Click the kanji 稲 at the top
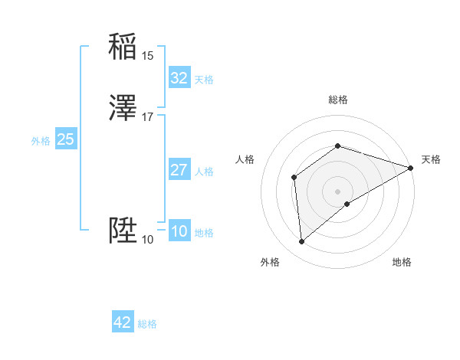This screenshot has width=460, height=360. point(123,47)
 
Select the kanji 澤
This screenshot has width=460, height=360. point(123,109)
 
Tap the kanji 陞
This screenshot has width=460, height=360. point(123,231)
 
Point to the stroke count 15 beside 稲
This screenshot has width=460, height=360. point(147,55)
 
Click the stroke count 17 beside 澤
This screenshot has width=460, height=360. point(147,116)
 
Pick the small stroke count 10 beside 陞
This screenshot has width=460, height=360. point(147,239)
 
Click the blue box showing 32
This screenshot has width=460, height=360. point(179,78)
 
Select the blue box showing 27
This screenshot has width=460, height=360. point(179,170)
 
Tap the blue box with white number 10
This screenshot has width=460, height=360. point(179,231)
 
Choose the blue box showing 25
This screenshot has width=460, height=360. point(66,139)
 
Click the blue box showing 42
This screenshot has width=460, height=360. point(123,322)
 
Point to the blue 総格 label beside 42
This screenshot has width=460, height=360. point(148,324)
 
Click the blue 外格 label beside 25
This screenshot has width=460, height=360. point(41,141)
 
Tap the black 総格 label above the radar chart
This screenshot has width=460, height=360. point(338,100)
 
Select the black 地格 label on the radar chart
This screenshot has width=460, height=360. point(402,262)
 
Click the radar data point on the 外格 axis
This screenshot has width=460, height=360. point(302,242)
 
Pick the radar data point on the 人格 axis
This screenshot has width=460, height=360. point(294,177)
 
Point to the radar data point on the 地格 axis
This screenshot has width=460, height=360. point(347,204)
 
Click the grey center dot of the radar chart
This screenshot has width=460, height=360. point(338,191)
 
